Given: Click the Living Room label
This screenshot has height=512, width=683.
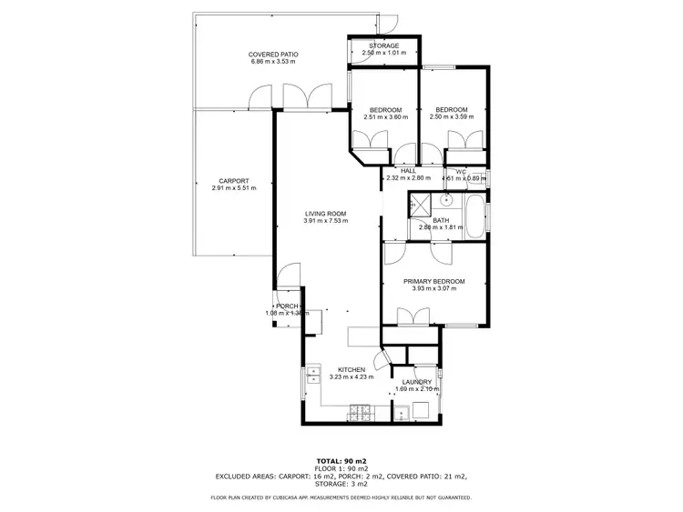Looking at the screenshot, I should pos(326,213).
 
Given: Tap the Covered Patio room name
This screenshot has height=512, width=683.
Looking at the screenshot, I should pos(274,55).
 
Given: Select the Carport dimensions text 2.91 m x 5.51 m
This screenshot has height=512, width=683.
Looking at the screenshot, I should pos(234,188).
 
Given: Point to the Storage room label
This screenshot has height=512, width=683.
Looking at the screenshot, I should pos(384,45).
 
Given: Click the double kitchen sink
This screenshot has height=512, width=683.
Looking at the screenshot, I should pos(312,374).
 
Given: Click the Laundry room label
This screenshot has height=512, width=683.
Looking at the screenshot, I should pos(418,382).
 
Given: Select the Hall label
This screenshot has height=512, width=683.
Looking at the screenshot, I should pos(408,170).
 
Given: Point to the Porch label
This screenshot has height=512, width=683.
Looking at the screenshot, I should pos(288,306).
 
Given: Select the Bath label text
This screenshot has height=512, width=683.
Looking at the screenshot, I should pos(441,219).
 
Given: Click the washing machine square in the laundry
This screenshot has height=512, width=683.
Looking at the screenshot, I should pos(422,410).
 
